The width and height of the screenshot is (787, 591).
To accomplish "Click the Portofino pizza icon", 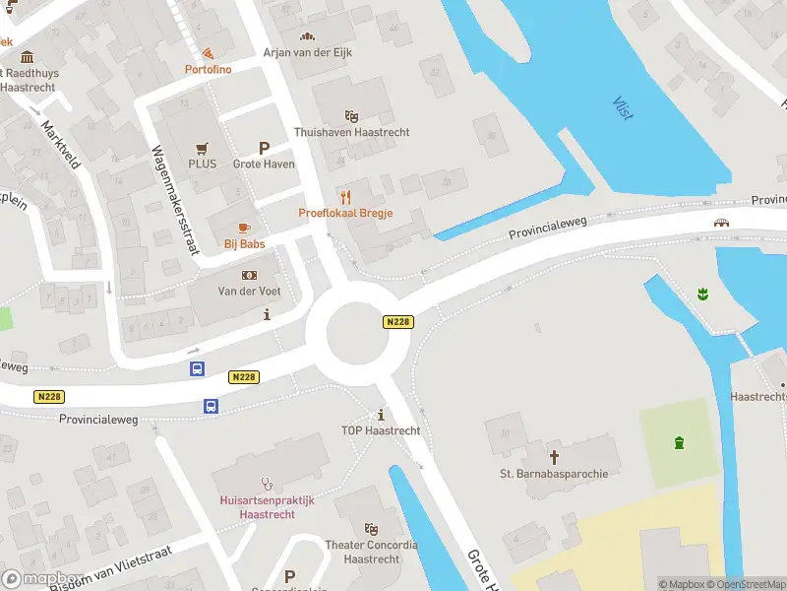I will pos(208,53).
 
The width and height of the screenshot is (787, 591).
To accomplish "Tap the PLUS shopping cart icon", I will pos(203,148).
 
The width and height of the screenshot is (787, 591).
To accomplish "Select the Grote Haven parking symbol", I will pos(264,148).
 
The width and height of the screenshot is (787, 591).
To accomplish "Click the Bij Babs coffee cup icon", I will pos(244,228).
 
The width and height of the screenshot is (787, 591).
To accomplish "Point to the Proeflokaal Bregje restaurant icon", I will pos(345,196).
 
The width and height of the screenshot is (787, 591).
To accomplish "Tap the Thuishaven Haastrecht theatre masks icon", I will pos(351,116).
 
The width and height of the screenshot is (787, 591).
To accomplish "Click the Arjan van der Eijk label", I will pos(307,52).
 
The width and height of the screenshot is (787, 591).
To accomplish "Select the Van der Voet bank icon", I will pos(249,275).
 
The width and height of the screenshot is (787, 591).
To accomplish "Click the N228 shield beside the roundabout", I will pos(397,322).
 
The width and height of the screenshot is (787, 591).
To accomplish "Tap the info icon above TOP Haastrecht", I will pos(381,414).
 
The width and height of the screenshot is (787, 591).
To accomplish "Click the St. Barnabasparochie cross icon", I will pos(554,456).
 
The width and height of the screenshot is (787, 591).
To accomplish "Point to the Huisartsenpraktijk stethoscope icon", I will pos(265,484).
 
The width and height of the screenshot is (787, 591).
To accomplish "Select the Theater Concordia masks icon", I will pos(371,529).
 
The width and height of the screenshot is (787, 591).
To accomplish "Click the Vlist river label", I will pos(623,108).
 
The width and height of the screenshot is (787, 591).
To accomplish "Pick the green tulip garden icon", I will pos(703,293).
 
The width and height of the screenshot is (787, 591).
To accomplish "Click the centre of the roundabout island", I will pos(358,331).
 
